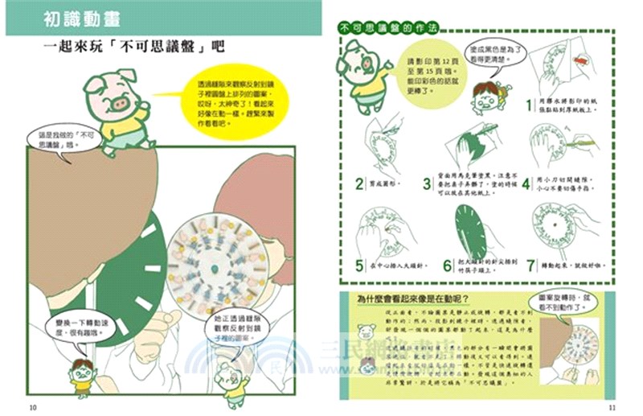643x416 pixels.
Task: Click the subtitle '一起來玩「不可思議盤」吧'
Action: pyautogui.click(x=133, y=46)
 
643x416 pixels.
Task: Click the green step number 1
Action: pyautogui.click(x=530, y=105)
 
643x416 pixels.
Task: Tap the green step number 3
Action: pyautogui.click(x=428, y=183)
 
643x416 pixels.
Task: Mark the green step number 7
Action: pyautogui.click(x=530, y=263)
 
